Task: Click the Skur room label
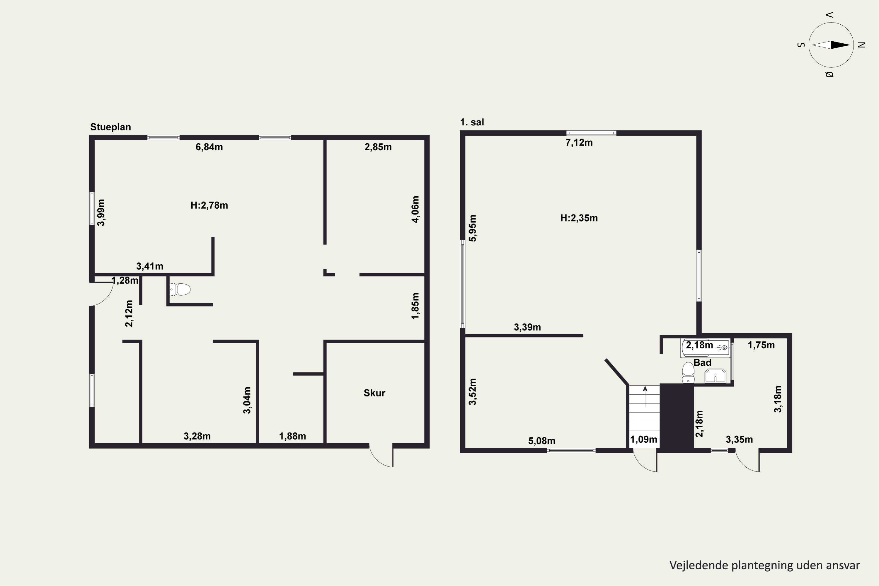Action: click(x=374, y=393)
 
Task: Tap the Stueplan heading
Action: click(x=111, y=127)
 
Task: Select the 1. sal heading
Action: click(x=472, y=122)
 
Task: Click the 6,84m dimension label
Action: click(x=209, y=147)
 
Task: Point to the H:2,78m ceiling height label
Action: click(x=209, y=205)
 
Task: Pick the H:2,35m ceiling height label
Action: click(x=579, y=218)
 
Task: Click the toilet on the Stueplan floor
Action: click(x=180, y=289)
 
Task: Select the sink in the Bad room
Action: click(x=715, y=376)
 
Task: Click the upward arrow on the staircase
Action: click(x=645, y=396)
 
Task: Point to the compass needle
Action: click(x=831, y=45)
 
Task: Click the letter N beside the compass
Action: click(x=862, y=45)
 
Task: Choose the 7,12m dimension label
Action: click(x=579, y=142)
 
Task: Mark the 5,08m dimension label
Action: click(x=541, y=441)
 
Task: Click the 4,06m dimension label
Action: click(x=415, y=209)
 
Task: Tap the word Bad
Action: click(x=702, y=362)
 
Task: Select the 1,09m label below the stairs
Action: click(x=643, y=439)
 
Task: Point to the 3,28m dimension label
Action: click(x=197, y=436)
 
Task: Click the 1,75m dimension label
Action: click(x=761, y=345)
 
